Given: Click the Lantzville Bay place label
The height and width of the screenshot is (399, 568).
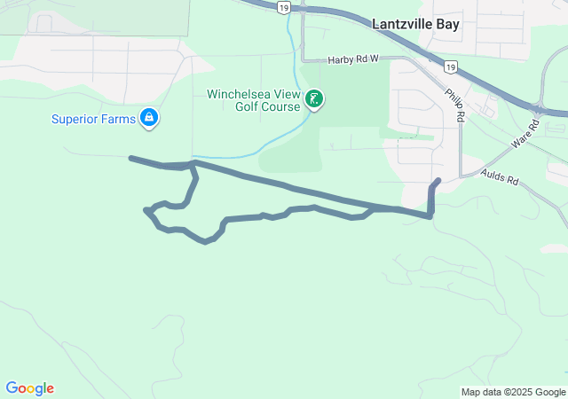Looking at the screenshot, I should click(x=415, y=24).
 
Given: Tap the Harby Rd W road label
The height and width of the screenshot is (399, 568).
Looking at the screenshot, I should click(x=353, y=59).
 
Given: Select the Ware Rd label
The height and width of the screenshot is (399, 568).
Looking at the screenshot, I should click(x=525, y=136).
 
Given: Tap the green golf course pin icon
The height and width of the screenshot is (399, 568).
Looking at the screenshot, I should click(x=313, y=99).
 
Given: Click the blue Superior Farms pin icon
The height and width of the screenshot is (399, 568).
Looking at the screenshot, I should click(x=148, y=118).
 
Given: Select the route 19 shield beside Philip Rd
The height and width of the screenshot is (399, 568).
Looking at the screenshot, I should click(x=450, y=66).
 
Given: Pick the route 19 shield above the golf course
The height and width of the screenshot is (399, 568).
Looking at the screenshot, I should click(x=282, y=6).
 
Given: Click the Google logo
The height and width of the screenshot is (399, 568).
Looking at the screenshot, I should click(x=29, y=388).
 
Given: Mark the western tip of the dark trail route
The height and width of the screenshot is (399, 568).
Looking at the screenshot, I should click(x=131, y=159).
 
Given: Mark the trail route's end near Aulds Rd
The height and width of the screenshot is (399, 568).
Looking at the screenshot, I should click(x=438, y=181).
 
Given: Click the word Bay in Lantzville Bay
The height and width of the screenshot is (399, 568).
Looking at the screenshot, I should click(x=447, y=24).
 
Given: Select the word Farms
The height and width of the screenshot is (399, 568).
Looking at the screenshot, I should click(x=117, y=119).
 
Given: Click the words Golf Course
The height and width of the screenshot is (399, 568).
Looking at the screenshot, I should click(x=267, y=107).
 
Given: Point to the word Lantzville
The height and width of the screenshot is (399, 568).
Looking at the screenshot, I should click(x=402, y=24).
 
